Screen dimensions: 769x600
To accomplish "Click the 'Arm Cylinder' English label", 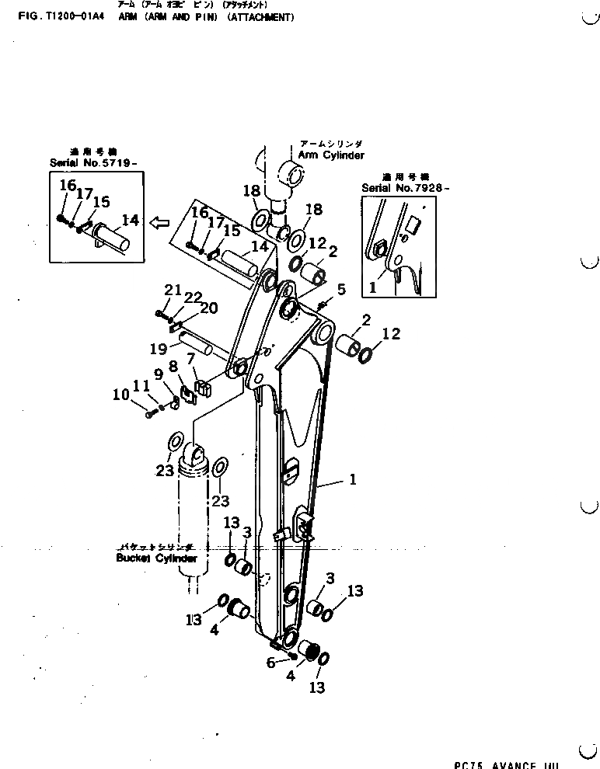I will [x=331, y=155].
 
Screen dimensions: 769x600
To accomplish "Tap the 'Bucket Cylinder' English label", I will [x=156, y=558].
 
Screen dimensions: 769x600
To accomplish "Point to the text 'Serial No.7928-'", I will [x=405, y=188].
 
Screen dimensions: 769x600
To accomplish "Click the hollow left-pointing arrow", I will [x=159, y=224].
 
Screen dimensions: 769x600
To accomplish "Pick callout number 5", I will [x=341, y=290].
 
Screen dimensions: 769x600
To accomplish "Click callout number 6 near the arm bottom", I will [x=270, y=663].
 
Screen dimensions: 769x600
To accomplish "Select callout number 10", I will [x=120, y=395].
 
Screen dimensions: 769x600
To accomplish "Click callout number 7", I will [x=191, y=358].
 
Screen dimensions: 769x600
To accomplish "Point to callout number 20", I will [x=209, y=308].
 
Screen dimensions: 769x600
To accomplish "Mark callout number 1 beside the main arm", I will [x=352, y=480].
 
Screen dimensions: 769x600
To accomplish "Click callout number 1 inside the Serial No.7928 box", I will [x=372, y=287].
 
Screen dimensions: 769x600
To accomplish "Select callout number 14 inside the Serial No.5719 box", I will [x=130, y=221].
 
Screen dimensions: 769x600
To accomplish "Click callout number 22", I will [x=192, y=298].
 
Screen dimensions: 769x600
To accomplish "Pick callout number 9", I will [x=158, y=374].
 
